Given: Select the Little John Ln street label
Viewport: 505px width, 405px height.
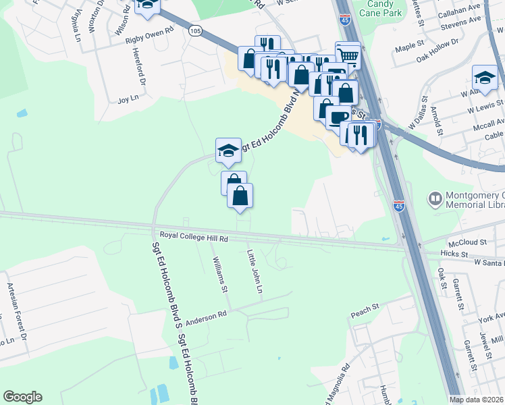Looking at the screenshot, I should coord(255,271).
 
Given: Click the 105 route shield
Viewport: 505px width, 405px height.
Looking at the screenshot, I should coord(195,30).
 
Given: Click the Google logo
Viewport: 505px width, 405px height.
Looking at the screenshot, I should coord(22,397).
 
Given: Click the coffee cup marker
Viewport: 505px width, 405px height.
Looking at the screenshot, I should coord(338,115).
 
